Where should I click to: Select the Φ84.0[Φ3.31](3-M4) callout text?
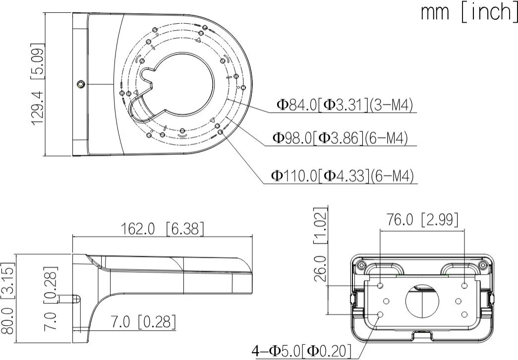click(x=345, y=105)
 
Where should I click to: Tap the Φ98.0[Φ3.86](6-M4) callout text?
click(x=340, y=138)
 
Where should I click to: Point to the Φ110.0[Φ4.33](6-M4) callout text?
click(x=342, y=176)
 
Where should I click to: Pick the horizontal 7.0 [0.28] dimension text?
click(x=143, y=322)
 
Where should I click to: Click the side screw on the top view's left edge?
click(x=80, y=84)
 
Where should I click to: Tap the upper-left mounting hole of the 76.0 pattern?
click(x=380, y=286)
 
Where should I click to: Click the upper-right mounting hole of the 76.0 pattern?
click(x=464, y=286)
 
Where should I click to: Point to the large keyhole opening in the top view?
click(x=181, y=84)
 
